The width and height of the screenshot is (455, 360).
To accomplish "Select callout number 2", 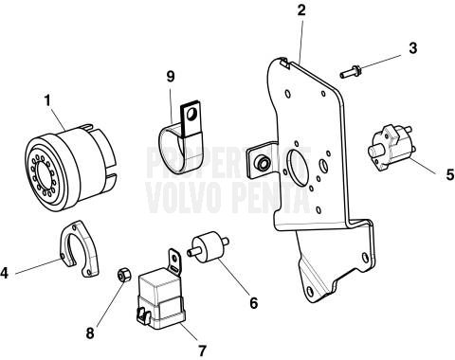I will (301, 10).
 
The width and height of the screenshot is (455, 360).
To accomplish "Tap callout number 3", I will (413, 47).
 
